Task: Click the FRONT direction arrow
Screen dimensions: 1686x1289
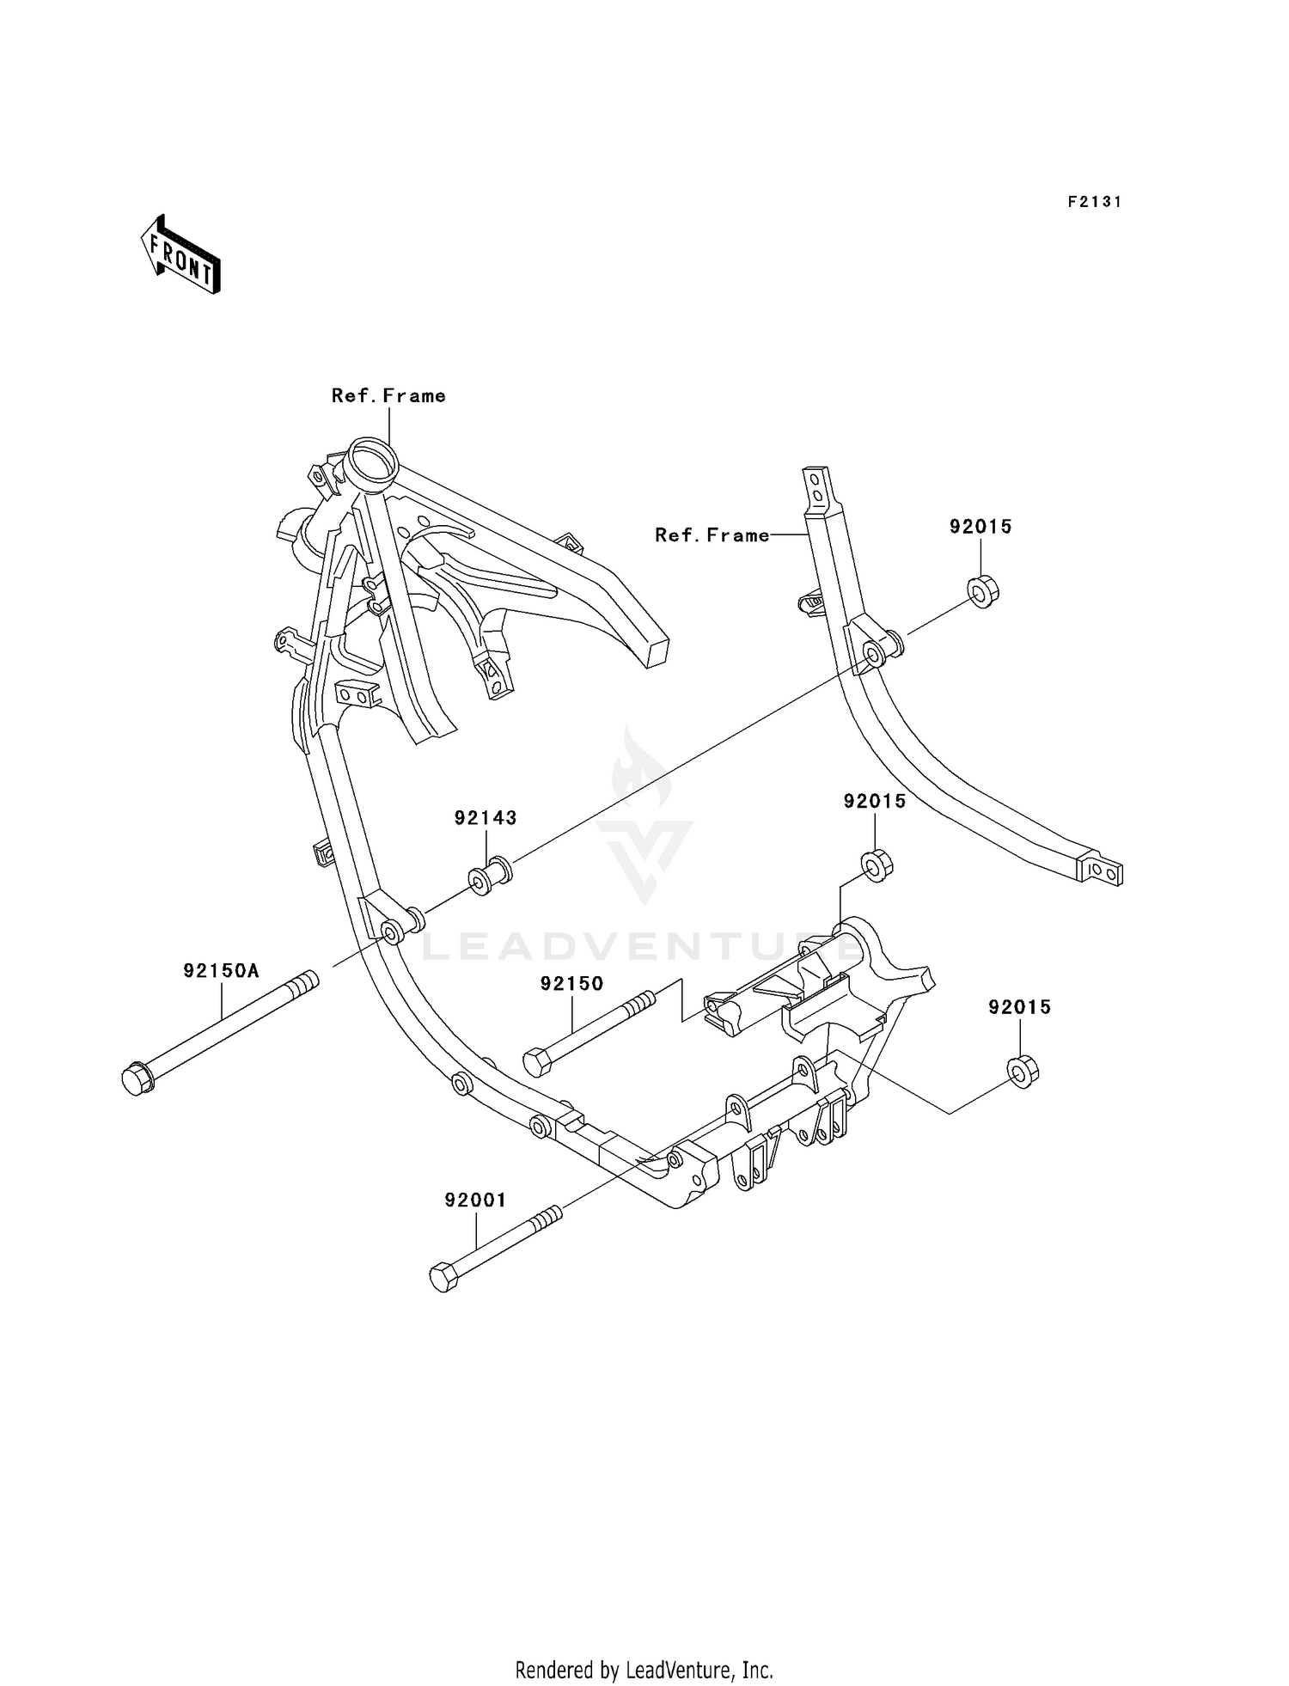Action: tap(181, 255)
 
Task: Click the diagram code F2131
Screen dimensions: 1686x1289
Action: tap(1095, 202)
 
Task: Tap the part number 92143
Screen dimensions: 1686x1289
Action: tap(486, 818)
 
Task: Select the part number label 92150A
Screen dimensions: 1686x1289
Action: tap(221, 971)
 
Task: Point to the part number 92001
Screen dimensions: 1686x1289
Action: tap(475, 1200)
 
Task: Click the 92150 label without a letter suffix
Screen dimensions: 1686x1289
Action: tap(571, 984)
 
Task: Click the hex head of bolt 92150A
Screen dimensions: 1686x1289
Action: tap(137, 1079)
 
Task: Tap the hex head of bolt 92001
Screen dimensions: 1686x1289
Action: tap(443, 1277)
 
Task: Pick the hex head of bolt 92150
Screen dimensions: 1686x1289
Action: tap(537, 1063)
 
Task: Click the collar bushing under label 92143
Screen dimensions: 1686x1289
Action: tap(490, 876)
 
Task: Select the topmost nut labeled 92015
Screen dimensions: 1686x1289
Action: tap(983, 591)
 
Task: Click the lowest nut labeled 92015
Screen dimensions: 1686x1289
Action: tap(1023, 1071)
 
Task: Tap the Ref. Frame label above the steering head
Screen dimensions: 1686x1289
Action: tap(388, 396)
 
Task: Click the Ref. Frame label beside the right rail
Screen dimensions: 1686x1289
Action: tap(712, 535)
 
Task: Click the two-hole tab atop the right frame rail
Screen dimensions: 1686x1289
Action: tap(818, 487)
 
